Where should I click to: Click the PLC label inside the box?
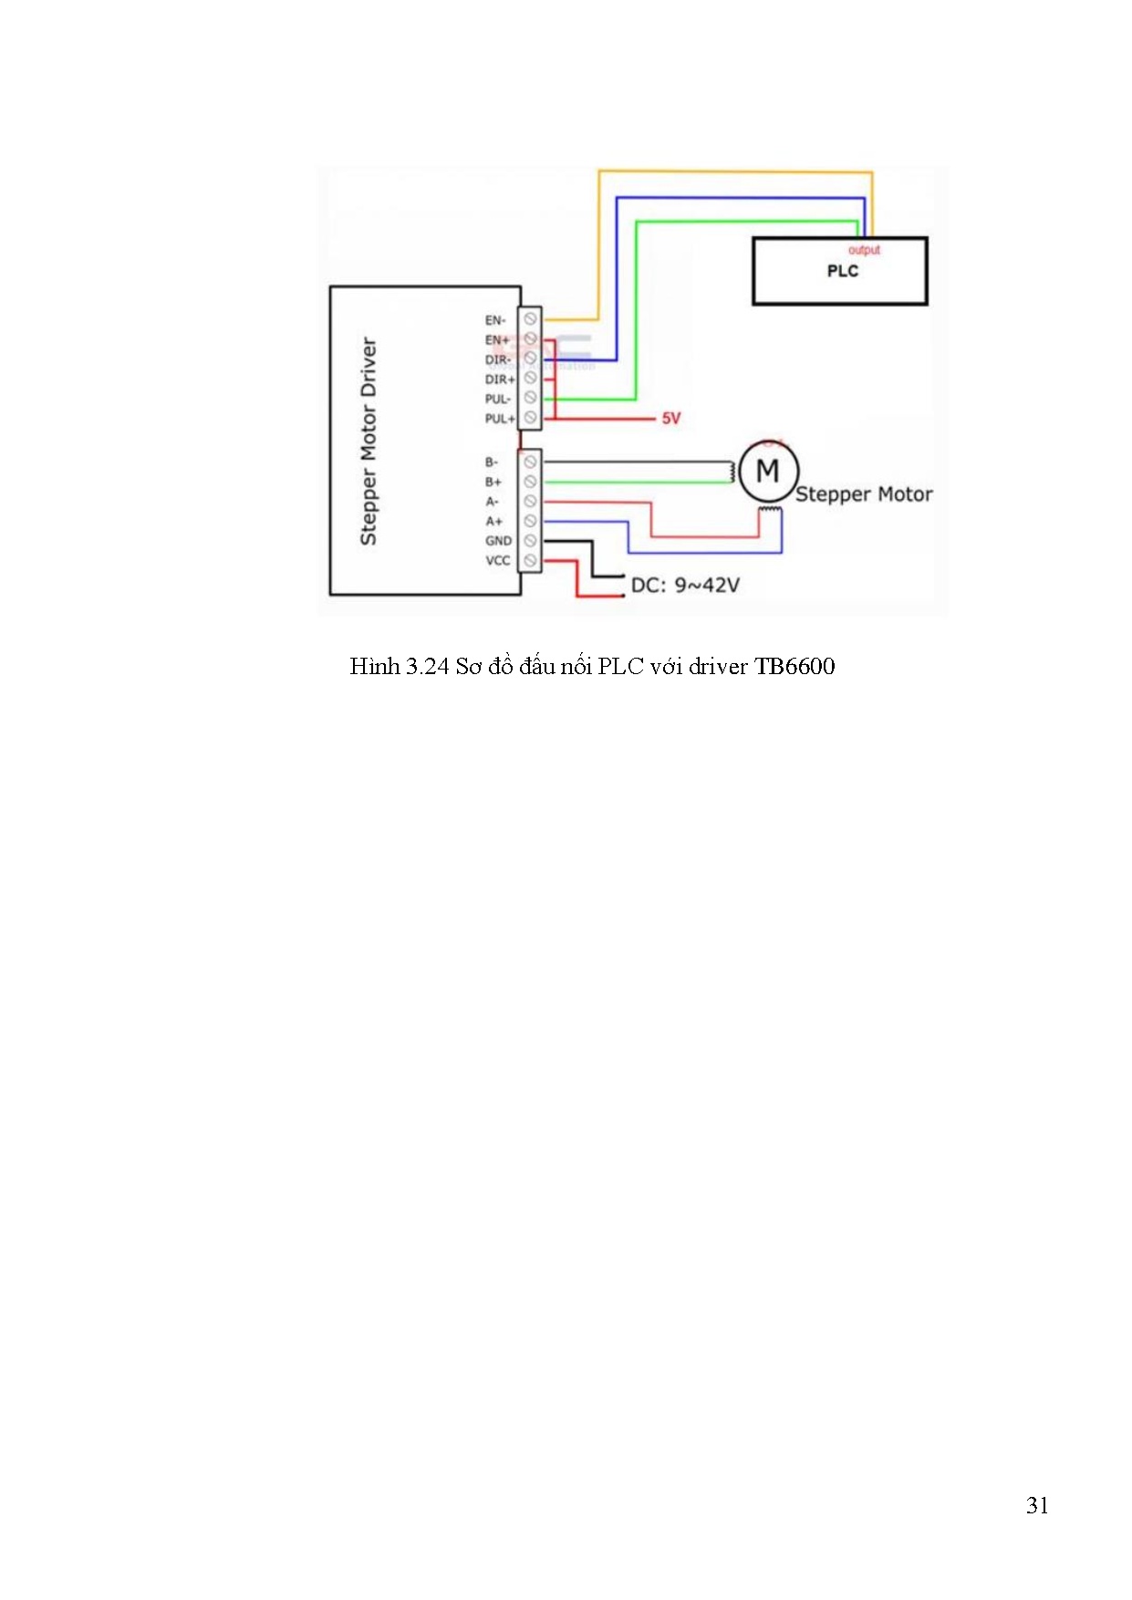842,271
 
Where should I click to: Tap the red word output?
864,250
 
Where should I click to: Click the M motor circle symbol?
768,472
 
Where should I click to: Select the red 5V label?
671,419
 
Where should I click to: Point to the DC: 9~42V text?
685,586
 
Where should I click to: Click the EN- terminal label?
495,320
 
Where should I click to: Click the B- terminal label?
492,462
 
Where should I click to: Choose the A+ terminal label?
493,522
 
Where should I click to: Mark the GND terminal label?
498,541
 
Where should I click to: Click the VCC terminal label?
498,561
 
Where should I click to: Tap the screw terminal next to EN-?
530,319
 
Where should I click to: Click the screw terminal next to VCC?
530,561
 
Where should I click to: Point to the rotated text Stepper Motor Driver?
369,442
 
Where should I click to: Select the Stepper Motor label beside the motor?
864,494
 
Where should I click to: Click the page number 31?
1037,1505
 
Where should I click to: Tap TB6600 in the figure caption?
794,667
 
